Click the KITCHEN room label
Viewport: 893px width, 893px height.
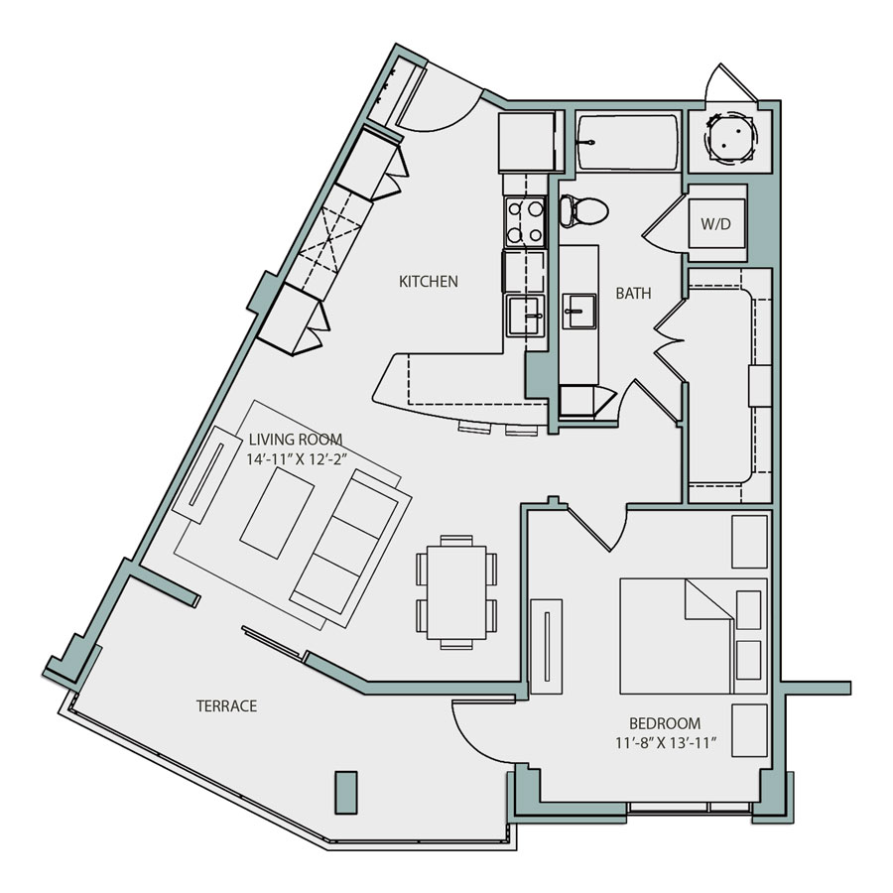pyautogui.click(x=428, y=282)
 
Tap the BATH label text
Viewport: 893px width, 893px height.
pyautogui.click(x=633, y=294)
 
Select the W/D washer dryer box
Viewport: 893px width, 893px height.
pyautogui.click(x=716, y=224)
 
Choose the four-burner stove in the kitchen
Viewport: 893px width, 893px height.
pyautogui.click(x=525, y=222)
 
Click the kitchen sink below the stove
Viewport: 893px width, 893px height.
pyautogui.click(x=524, y=317)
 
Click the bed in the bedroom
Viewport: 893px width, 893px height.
pyautogui.click(x=693, y=636)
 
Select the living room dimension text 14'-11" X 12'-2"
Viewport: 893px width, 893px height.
pyautogui.click(x=296, y=459)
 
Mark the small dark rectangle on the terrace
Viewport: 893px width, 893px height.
pyautogui.click(x=344, y=794)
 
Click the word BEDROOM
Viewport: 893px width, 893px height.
pyautogui.click(x=665, y=723)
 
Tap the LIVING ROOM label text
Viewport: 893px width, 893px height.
pyautogui.click(x=296, y=440)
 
